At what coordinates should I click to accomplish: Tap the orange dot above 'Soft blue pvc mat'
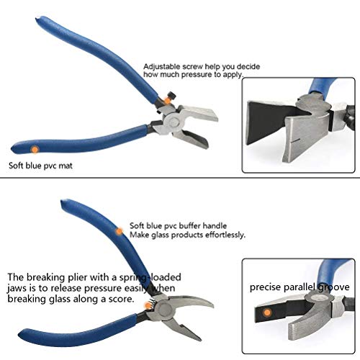[34, 149]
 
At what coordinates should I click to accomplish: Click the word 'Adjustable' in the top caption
[161, 64]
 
